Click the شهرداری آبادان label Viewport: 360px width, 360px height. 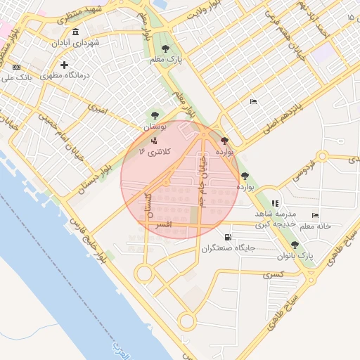[x=75, y=43]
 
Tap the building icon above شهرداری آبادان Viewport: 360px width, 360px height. [x=75, y=32]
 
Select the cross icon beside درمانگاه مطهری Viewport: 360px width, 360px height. [x=64, y=65]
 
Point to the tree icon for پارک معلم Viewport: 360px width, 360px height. [x=165, y=49]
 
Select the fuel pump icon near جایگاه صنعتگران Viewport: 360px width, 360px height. [x=227, y=237]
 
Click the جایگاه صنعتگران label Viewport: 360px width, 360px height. [x=226, y=248]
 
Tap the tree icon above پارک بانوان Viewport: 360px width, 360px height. [x=295, y=245]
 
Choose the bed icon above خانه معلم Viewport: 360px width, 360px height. [x=316, y=215]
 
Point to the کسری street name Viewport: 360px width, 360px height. [x=272, y=274]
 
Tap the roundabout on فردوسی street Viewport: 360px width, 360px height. [x=323, y=156]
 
